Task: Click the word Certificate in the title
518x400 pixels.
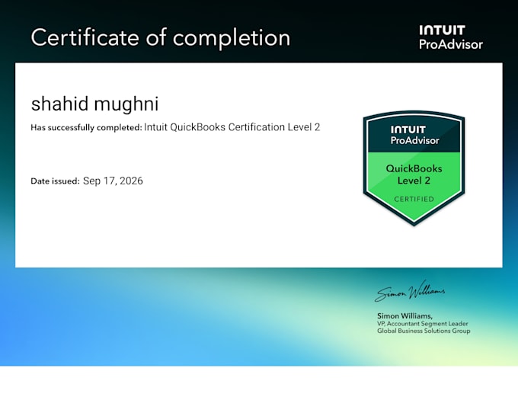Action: (x=85, y=37)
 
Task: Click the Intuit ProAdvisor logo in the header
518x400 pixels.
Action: (x=451, y=37)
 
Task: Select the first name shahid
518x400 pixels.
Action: (x=60, y=104)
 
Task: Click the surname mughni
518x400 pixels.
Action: (x=126, y=105)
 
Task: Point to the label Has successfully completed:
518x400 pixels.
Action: (x=86, y=127)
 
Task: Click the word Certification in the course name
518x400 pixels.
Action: (x=257, y=127)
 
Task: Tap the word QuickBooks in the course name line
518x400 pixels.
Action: (x=197, y=127)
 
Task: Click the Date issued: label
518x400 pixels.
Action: (x=55, y=181)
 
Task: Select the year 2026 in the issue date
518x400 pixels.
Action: (x=131, y=181)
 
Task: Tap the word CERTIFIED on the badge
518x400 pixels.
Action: (x=414, y=199)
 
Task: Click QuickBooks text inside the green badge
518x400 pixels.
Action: (x=414, y=168)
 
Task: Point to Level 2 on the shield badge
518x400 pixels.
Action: (x=414, y=181)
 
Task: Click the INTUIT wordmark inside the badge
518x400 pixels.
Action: (x=408, y=130)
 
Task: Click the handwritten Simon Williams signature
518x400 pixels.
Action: (x=410, y=291)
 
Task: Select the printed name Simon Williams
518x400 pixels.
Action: (x=404, y=315)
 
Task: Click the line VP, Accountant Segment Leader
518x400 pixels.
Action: (x=423, y=324)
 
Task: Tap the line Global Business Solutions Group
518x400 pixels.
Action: (x=424, y=331)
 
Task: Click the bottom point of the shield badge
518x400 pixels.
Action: (x=414, y=226)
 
